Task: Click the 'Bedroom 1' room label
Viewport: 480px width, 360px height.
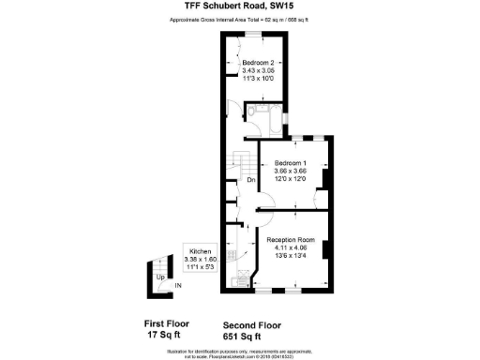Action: tap(291, 163)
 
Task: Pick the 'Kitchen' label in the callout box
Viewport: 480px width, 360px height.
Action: tap(201, 252)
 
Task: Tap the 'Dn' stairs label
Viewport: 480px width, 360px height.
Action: tap(251, 180)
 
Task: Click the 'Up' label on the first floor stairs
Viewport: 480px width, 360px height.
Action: tap(160, 278)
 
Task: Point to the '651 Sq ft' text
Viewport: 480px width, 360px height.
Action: tap(243, 335)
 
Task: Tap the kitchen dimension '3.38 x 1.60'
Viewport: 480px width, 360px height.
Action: tap(201, 260)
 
